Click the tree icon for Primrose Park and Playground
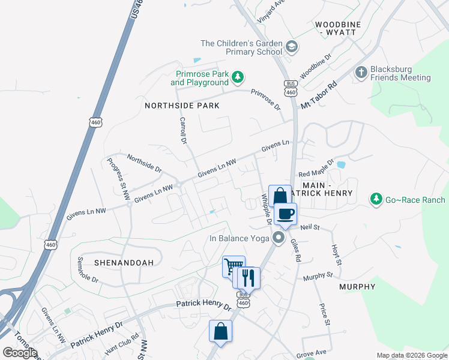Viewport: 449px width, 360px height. pyautogui.click(x=238, y=77)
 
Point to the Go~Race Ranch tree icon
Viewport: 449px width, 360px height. pyautogui.click(x=376, y=199)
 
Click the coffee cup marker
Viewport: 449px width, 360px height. pyautogui.click(x=285, y=214)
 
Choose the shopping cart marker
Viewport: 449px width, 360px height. pyautogui.click(x=233, y=266)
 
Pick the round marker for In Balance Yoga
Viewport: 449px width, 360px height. pyautogui.click(x=278, y=238)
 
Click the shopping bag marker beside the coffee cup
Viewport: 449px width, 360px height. pyautogui.click(x=280, y=196)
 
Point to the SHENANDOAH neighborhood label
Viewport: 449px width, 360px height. pyautogui.click(x=124, y=262)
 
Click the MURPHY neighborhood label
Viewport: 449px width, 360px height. pyautogui.click(x=357, y=287)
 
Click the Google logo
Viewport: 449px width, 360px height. pyautogui.click(x=20, y=353)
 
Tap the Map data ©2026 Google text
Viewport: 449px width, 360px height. pyautogui.click(x=411, y=355)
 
